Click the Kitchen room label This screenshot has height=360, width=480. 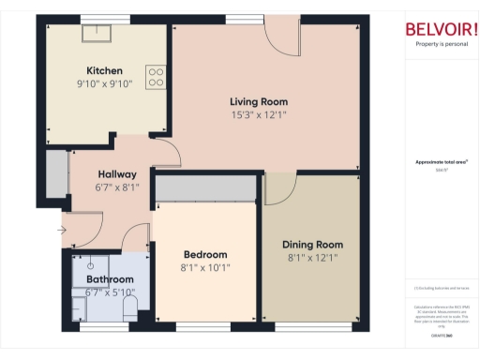coord(104,71)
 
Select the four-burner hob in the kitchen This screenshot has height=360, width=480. coord(156,76)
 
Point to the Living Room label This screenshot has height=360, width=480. coord(259,101)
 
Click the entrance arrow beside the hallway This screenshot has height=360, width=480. coord(63,229)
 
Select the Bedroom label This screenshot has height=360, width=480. coord(205,255)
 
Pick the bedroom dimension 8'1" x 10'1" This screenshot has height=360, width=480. coord(205,267)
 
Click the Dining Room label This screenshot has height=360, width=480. coord(313,245)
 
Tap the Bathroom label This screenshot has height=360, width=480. coord(110,279)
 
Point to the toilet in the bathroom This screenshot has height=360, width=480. coord(130,307)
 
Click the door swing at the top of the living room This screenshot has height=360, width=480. coord(280,38)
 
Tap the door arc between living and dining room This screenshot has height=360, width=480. coord(277,187)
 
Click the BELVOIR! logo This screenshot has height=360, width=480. coord(439,29)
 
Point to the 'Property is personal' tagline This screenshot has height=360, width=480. coord(439,44)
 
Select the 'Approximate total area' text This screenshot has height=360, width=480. coord(441,162)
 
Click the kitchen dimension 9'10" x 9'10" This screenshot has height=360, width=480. coord(104,83)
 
